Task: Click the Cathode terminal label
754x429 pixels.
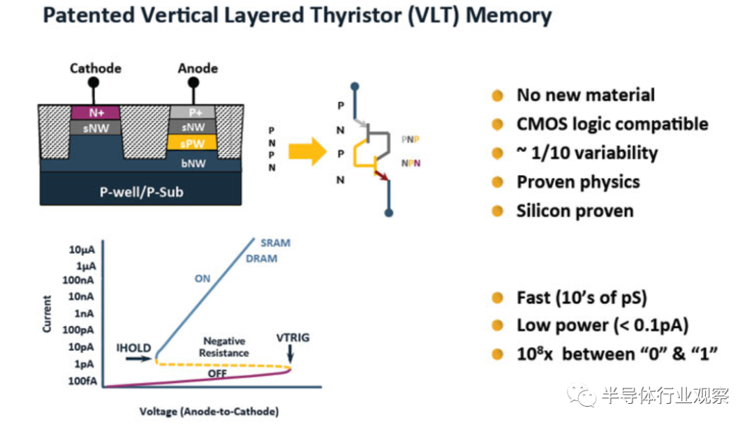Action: (x=96, y=68)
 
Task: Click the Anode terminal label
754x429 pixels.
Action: (x=198, y=68)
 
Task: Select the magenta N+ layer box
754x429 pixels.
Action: (x=96, y=112)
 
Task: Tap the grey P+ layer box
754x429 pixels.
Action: (x=192, y=112)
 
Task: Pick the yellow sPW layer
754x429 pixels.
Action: (x=192, y=144)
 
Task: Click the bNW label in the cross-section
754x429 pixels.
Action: (x=193, y=162)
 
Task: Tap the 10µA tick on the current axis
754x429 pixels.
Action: (x=82, y=250)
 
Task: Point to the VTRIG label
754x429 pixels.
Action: (x=293, y=338)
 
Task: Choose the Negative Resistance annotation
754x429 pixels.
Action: (x=225, y=347)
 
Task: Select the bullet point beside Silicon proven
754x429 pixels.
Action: (x=498, y=211)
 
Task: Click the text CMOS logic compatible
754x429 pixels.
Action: (x=612, y=124)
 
